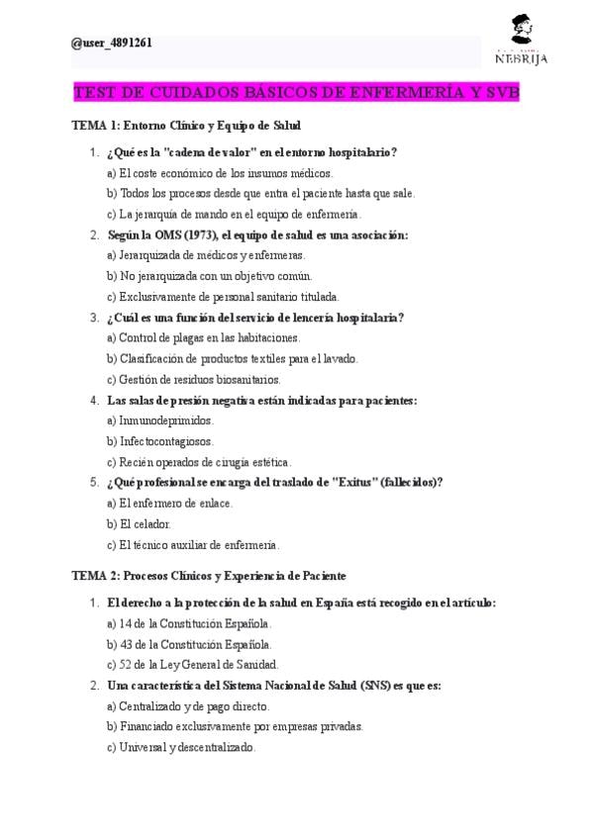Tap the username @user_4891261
[112, 44]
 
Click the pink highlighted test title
[297, 93]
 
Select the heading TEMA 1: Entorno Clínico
[187, 126]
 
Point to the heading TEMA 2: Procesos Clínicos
[209, 575]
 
